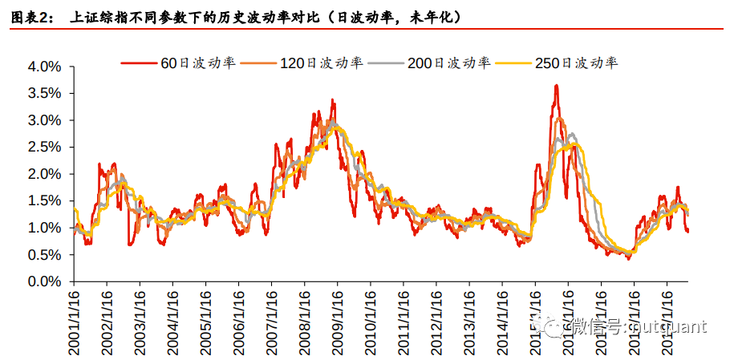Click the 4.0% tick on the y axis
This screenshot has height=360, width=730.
[x=46, y=67]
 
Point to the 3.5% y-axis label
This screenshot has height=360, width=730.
[x=46, y=93]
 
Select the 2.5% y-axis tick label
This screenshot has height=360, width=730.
[x=46, y=147]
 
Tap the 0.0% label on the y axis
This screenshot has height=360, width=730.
[x=46, y=281]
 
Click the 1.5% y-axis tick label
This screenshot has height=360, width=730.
[x=46, y=200]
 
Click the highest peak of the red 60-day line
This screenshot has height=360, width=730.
[x=556, y=85]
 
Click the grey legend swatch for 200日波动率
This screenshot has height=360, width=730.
[x=389, y=63]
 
